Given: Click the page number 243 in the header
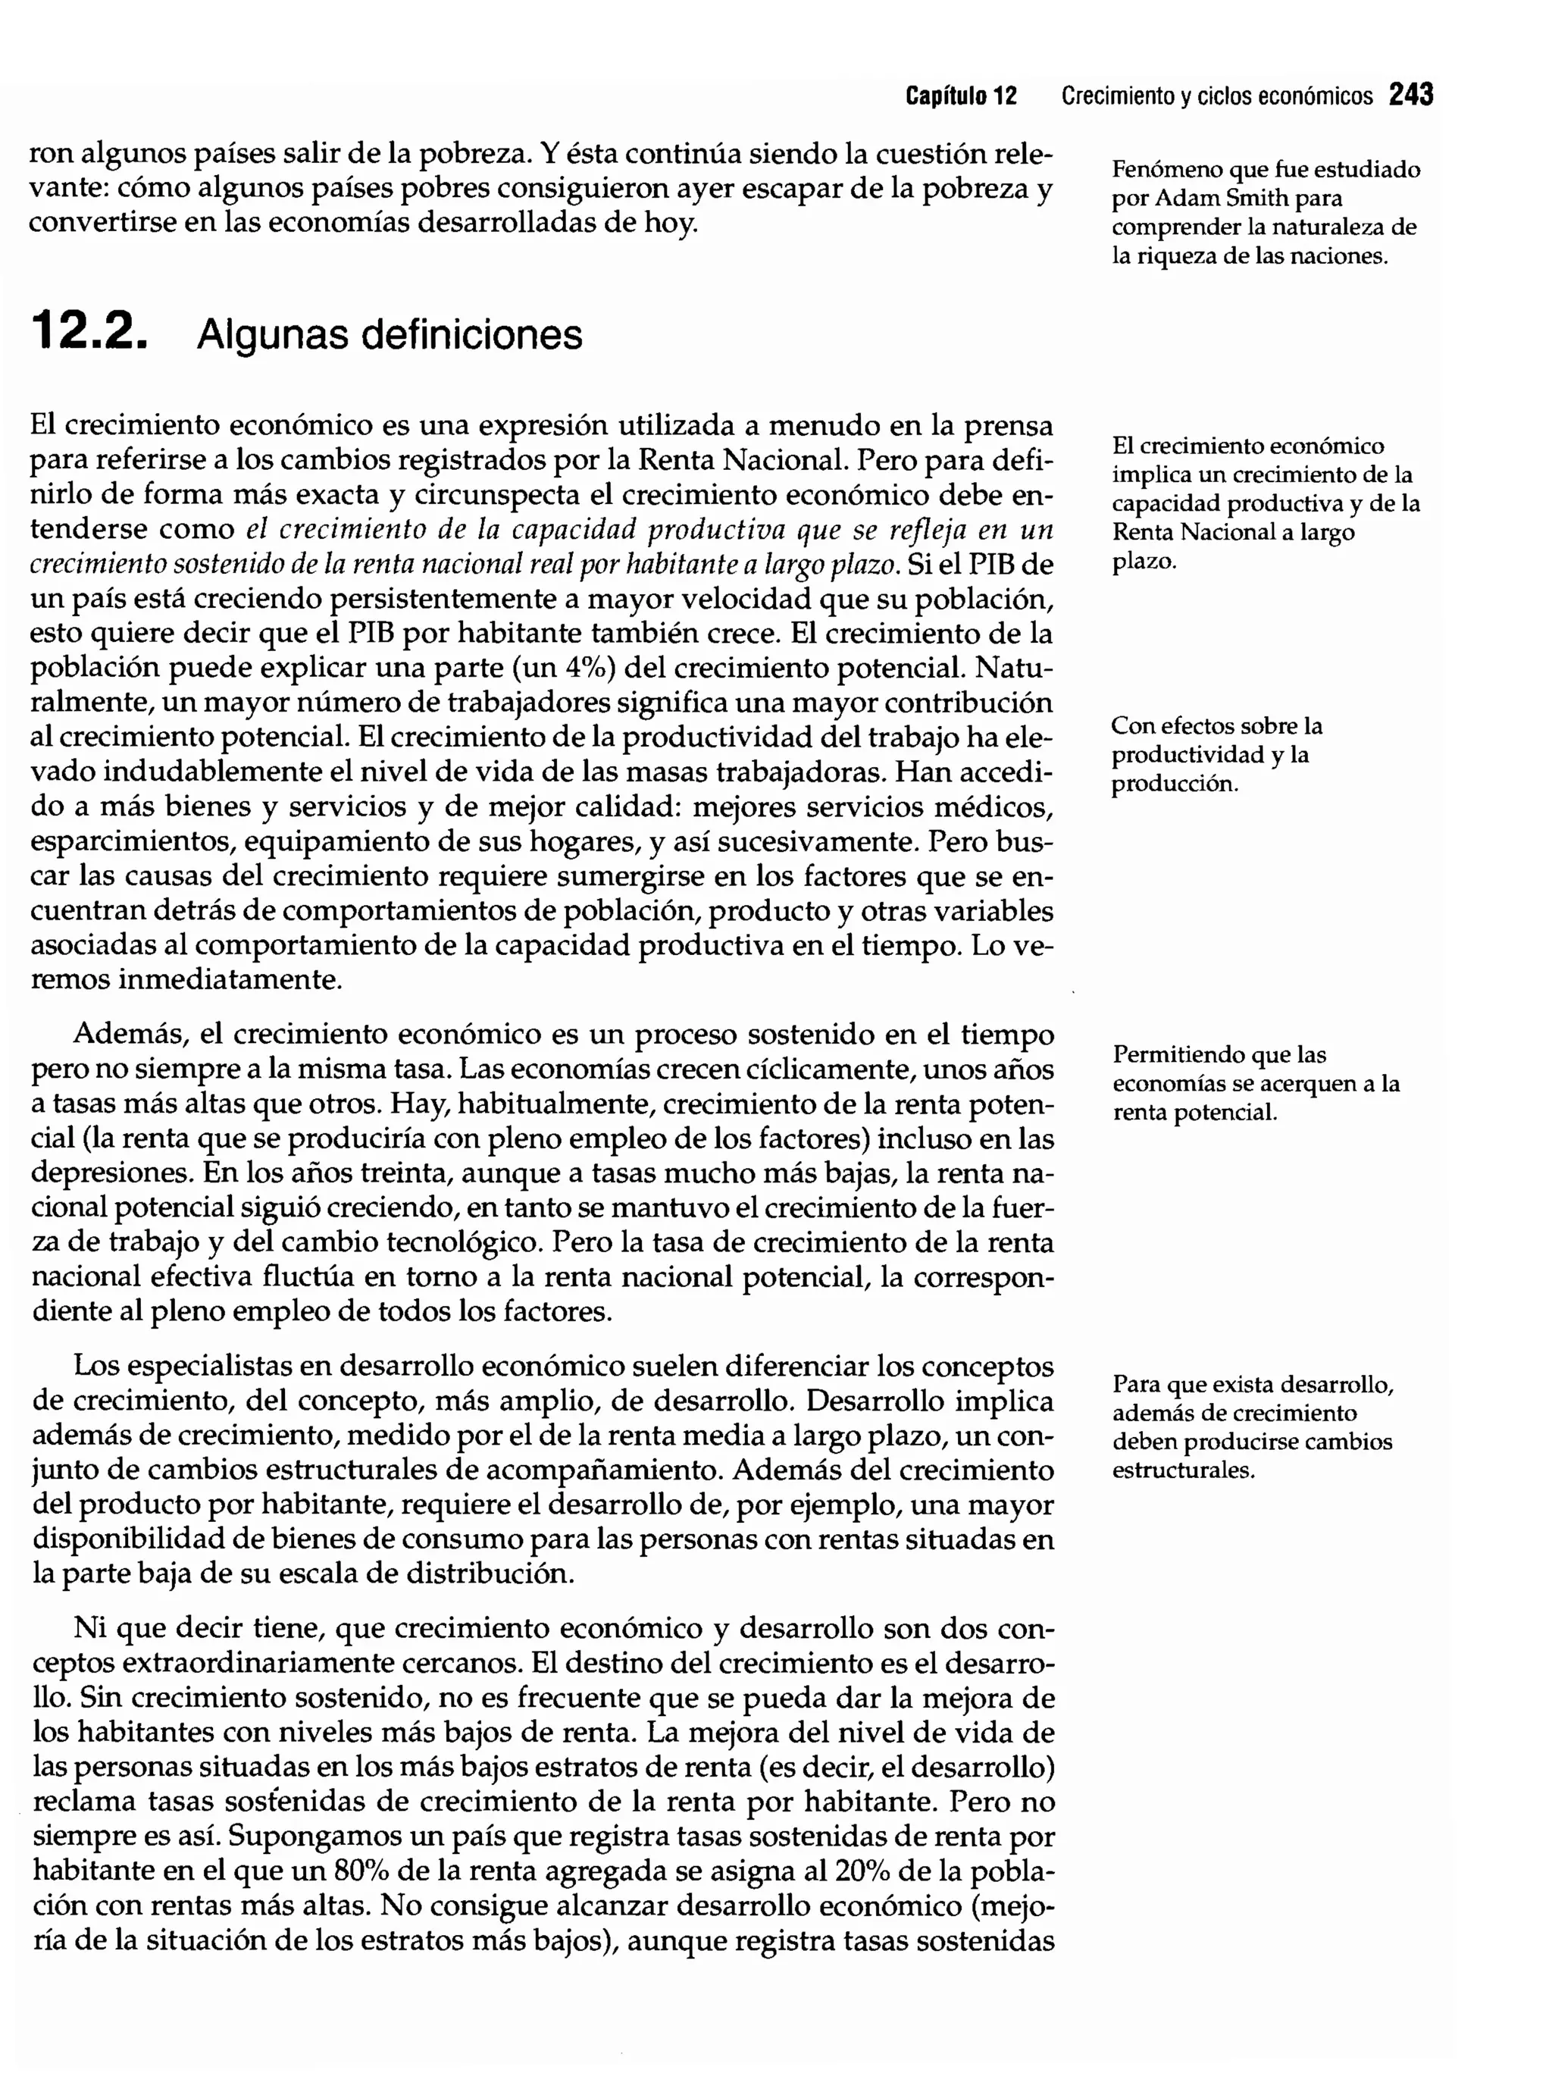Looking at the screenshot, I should pos(1410,96).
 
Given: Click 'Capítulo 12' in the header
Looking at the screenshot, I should pos(961,96).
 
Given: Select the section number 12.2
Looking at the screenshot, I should pos(89,333).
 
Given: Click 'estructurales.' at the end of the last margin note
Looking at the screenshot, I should pos(1183,1470).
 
